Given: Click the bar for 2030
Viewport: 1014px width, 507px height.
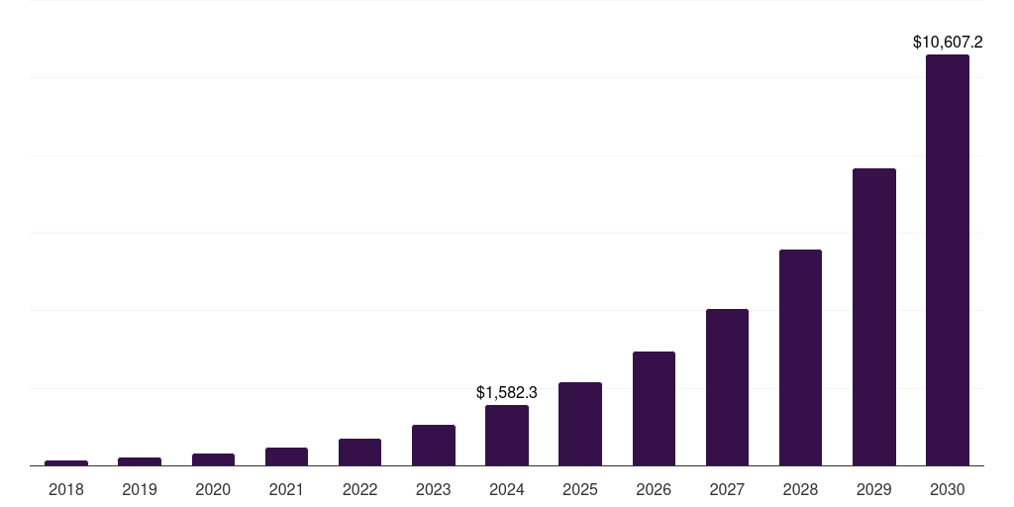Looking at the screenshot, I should coord(947,259).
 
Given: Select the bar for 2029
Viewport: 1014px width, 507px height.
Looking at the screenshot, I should coord(873,317).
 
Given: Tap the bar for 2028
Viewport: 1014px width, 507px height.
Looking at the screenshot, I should coord(800,357).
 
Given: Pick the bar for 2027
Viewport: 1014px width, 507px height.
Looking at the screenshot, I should coord(727,387).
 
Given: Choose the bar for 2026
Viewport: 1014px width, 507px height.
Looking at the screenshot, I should coord(654,408).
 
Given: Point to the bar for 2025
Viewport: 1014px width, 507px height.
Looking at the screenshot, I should coord(580,424).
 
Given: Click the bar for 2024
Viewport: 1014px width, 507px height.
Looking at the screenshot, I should coord(507,435).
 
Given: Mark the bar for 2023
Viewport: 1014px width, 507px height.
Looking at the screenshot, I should coord(434,445).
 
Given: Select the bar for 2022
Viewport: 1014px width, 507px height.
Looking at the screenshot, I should coord(359,452).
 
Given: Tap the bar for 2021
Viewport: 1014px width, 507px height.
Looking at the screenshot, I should coord(286,456).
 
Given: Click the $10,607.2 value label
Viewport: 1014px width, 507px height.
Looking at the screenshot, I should coord(947,43).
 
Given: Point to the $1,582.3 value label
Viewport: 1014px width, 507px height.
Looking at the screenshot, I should coord(507,393).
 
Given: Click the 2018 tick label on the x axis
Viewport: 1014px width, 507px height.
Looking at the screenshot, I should coord(66,489).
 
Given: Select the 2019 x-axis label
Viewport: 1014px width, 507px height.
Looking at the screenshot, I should coord(140,489).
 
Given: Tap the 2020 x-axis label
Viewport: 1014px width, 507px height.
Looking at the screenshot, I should coord(213,489).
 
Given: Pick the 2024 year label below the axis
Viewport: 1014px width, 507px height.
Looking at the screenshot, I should coord(507,489).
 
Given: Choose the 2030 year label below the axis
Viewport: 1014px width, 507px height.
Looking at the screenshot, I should coord(947,489).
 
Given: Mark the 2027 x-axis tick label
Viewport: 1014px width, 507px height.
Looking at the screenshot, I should coord(727,489).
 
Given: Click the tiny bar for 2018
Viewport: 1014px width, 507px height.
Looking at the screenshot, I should coord(66,462).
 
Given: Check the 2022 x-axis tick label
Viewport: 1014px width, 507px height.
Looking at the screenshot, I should coord(359,489).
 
